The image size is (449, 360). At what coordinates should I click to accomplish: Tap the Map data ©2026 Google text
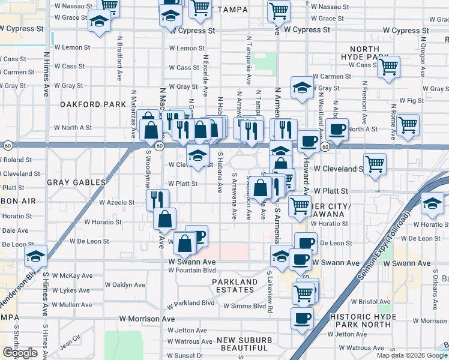pos(412,355)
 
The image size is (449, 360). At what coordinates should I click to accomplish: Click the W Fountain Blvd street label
pos(191,270)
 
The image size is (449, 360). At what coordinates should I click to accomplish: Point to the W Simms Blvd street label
pos(244,306)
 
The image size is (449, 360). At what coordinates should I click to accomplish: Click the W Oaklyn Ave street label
pos(124,285)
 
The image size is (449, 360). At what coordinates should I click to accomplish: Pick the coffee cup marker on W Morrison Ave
pos(301,317)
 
